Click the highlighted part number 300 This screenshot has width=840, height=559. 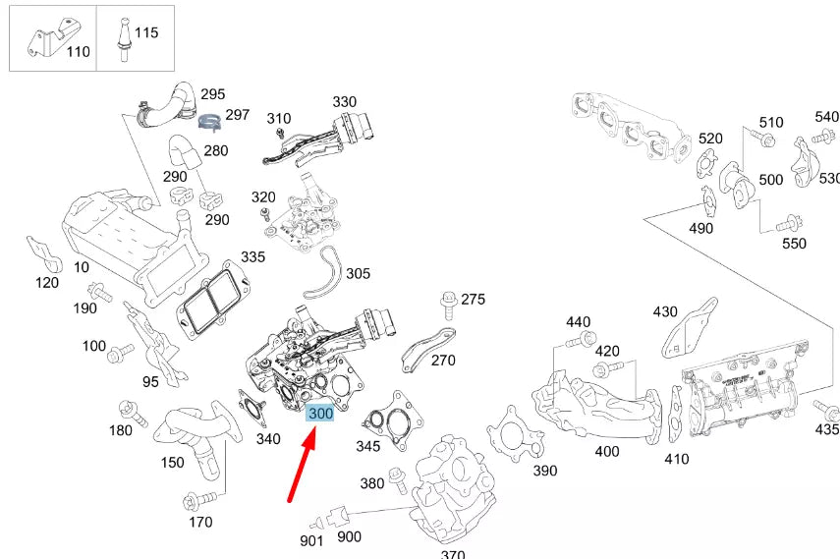[320, 415]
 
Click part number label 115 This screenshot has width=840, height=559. [146, 32]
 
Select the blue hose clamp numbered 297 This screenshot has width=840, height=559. [209, 122]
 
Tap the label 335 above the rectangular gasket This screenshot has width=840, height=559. [252, 257]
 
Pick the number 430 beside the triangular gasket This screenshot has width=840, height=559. [665, 311]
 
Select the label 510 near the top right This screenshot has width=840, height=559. [771, 123]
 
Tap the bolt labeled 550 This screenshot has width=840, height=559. [784, 225]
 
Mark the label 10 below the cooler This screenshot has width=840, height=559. [81, 267]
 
